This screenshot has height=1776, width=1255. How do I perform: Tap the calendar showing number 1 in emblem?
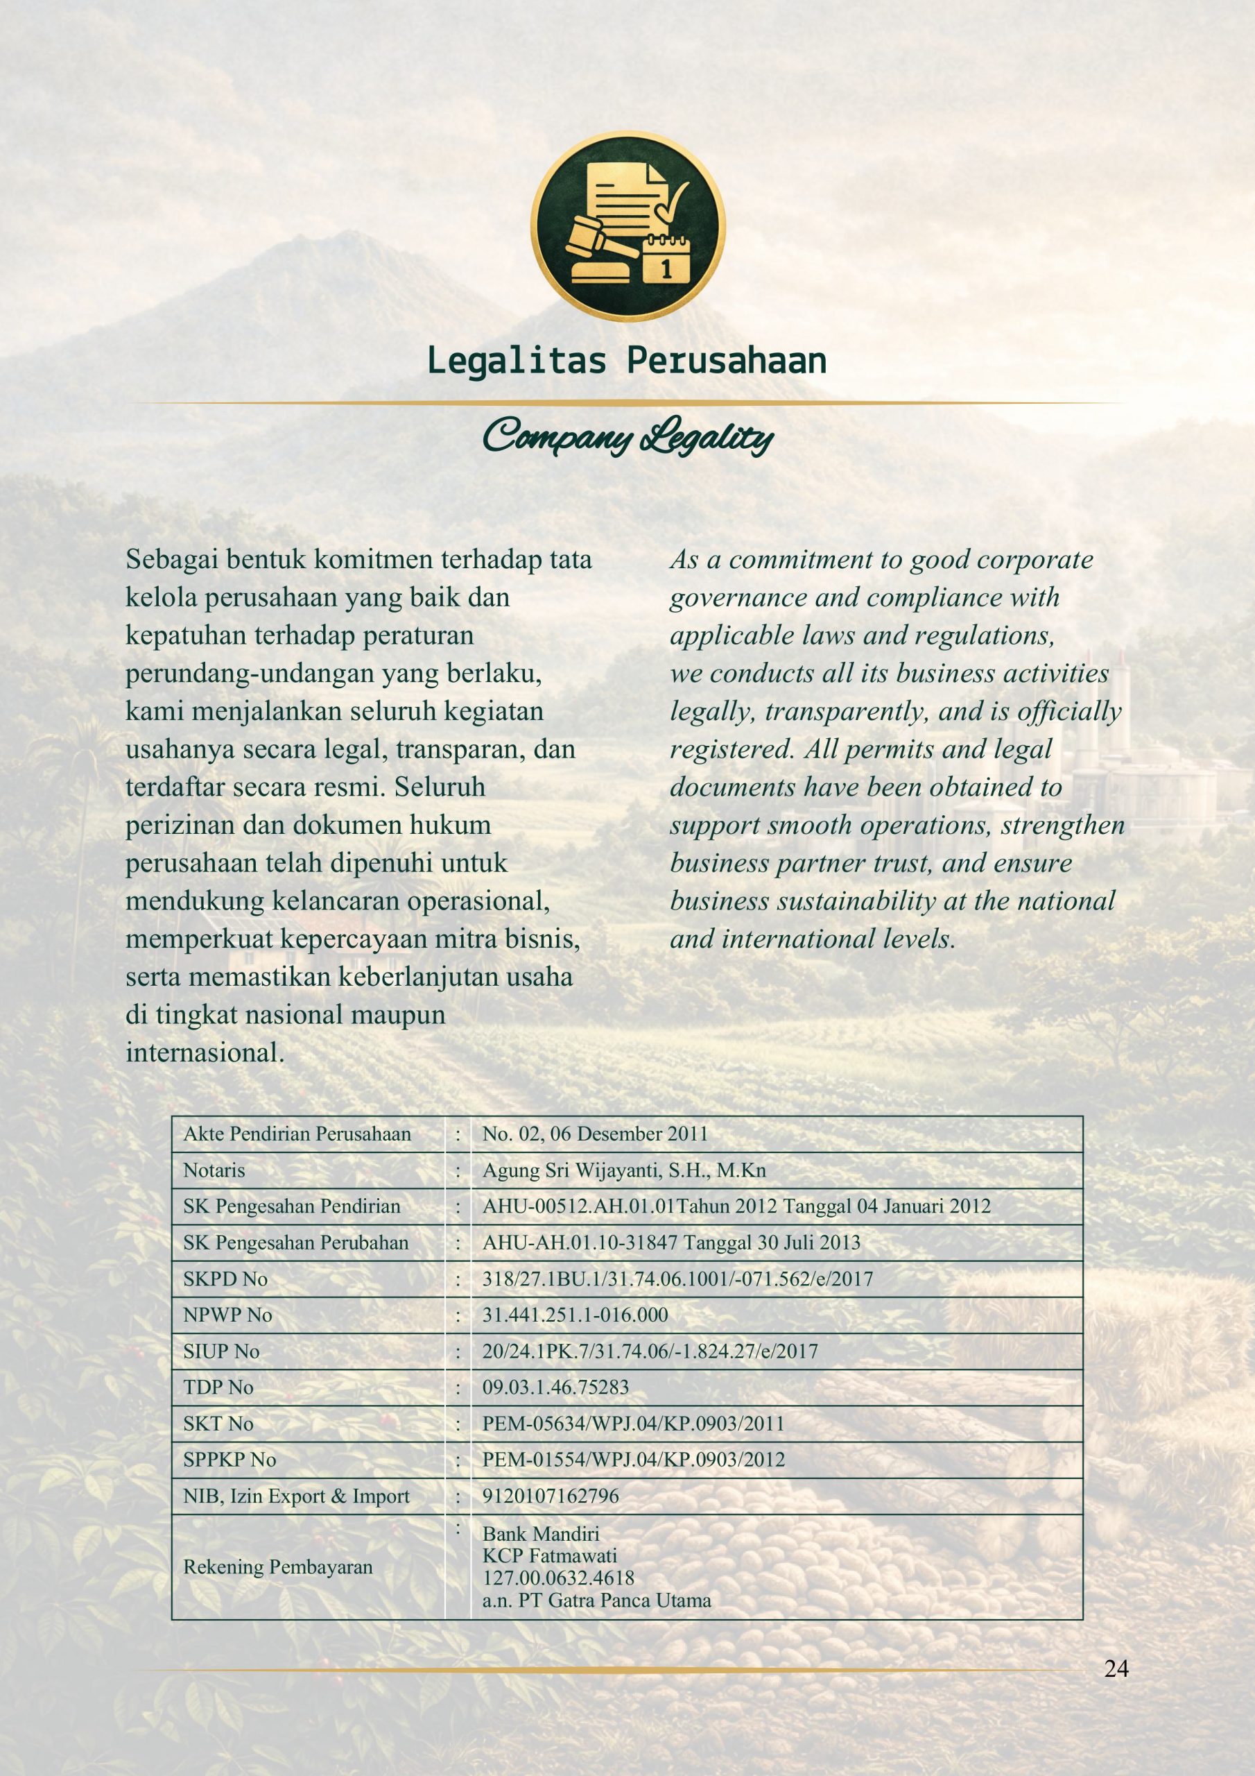(x=666, y=258)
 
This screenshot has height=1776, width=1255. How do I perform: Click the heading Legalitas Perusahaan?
(x=626, y=361)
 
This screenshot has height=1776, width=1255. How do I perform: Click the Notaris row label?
(x=214, y=1170)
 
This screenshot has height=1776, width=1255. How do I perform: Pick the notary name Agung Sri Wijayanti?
(x=624, y=1170)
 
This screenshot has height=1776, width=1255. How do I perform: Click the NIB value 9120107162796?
(x=551, y=1496)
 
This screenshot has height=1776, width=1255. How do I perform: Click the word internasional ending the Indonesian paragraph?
(x=204, y=1052)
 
